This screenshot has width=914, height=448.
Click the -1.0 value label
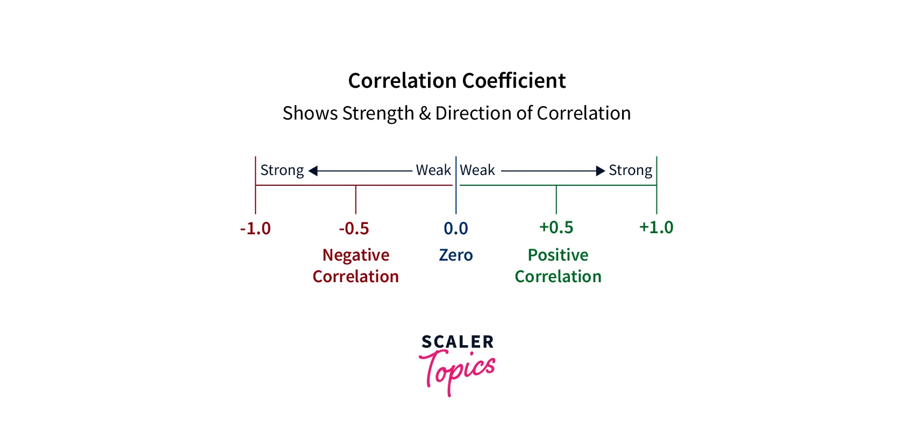tap(255, 228)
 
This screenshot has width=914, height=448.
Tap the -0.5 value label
tap(354, 228)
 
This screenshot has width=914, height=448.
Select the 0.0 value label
tap(456, 228)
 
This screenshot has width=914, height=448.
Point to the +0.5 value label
tap(556, 227)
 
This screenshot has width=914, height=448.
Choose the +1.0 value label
tap(656, 227)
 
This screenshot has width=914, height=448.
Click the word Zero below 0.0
tap(456, 255)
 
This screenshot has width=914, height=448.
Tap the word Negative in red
tap(356, 255)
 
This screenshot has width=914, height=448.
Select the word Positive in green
tap(558, 255)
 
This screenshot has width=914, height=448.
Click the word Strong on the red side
tap(282, 171)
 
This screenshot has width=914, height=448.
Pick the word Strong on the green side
tap(630, 171)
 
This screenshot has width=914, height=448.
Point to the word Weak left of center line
tap(433, 170)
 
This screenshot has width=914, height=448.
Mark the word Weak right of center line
tap(477, 170)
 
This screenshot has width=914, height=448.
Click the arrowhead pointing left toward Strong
tap(313, 171)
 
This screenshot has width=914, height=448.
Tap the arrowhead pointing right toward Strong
tap(601, 171)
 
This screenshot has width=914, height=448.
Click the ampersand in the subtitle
tap(425, 113)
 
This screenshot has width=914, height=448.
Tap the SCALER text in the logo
tap(458, 342)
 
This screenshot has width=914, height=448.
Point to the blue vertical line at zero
tap(456, 194)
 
